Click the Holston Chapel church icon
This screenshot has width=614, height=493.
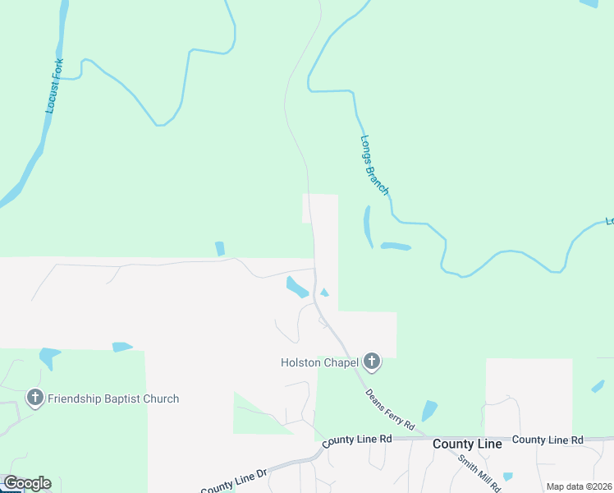coord(372,361)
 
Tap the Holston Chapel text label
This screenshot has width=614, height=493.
coord(320,362)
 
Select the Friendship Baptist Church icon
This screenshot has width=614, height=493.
coord(34,399)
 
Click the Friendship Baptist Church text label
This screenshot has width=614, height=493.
coord(113,399)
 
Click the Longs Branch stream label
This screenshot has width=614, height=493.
coord(375,164)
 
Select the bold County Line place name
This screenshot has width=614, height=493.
coord(467,444)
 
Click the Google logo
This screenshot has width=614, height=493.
coord(27,483)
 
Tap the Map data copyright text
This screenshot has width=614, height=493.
coord(579,486)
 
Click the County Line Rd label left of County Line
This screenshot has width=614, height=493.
coord(357,440)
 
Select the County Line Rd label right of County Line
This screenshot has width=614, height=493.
coord(547,440)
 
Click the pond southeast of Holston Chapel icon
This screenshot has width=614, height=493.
coord(429,410)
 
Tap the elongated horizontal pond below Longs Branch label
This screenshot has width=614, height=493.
coord(395,246)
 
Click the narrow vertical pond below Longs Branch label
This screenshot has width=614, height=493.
coord(367,225)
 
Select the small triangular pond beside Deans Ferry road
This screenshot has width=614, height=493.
coord(324,293)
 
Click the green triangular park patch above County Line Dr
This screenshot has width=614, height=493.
coord(258,416)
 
